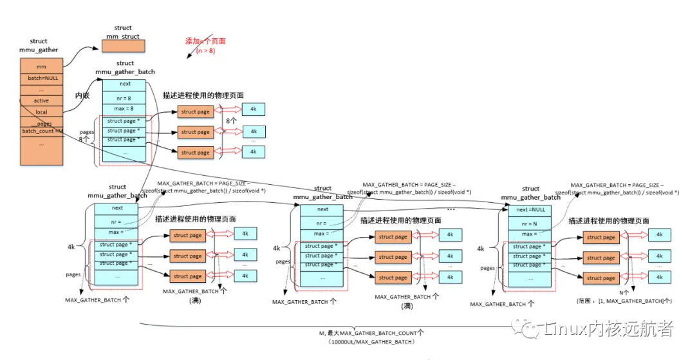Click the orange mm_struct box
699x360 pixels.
(x=123, y=46)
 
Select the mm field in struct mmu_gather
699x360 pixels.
(x=41, y=66)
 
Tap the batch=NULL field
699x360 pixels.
(x=41, y=77)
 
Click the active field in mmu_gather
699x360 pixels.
(x=41, y=100)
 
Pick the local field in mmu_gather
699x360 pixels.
(x=41, y=112)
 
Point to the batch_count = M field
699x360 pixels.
(x=41, y=131)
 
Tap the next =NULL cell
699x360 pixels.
(x=530, y=210)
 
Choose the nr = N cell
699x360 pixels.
(x=530, y=223)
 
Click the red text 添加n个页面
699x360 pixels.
(x=205, y=41)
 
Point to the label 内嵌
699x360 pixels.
(x=82, y=95)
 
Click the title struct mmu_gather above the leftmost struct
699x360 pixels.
(x=43, y=45)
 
